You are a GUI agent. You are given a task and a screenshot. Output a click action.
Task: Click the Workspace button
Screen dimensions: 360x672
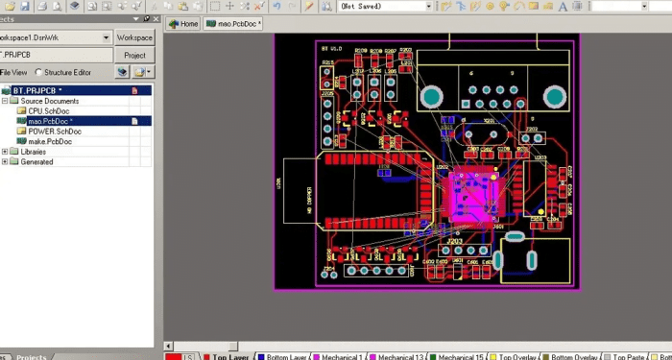click(x=134, y=37)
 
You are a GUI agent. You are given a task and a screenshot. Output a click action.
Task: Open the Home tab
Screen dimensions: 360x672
click(x=183, y=24)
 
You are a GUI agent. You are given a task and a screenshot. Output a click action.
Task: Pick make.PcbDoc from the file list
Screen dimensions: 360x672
click(x=50, y=142)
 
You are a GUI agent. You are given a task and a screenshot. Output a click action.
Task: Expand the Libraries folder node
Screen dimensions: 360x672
click(x=5, y=152)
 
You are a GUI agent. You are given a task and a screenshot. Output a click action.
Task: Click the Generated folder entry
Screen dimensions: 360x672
click(x=36, y=162)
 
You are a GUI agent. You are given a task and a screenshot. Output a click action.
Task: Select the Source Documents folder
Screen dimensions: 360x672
click(x=49, y=101)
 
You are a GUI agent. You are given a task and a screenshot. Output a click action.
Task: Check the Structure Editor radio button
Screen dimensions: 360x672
click(x=38, y=72)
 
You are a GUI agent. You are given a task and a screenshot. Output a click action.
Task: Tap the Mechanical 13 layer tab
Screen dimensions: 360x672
click(x=396, y=356)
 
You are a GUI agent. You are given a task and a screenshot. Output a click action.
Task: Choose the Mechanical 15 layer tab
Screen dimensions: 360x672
click(x=456, y=356)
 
